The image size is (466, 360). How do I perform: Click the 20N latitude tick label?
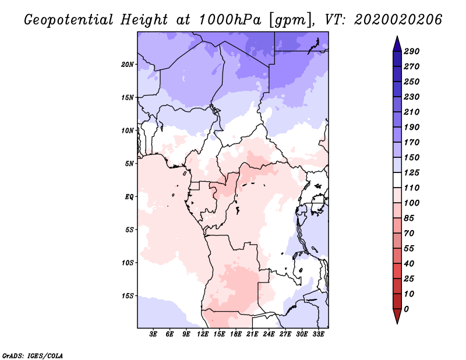click(128, 65)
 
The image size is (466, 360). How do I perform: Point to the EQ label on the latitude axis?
click(129, 197)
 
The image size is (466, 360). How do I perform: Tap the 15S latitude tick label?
click(128, 296)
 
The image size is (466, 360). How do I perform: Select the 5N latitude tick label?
click(129, 164)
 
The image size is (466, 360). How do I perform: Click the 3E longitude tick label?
click(153, 334)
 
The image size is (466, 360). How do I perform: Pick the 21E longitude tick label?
click(252, 334)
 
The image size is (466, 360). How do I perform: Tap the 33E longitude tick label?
click(318, 334)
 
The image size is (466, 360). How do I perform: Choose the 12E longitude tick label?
click(202, 334)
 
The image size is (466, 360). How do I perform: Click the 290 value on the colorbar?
click(412, 51)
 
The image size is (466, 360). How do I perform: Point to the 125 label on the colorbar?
click(412, 172)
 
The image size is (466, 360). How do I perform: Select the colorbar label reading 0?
click(407, 309)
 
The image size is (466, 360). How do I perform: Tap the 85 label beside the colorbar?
click(409, 218)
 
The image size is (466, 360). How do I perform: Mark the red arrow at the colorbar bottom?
click(397, 316)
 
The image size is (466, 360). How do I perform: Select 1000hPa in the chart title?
click(230, 20)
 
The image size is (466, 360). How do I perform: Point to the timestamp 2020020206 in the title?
click(398, 20)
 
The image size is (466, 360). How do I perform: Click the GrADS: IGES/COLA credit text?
click(33, 356)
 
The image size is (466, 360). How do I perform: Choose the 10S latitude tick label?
click(128, 263)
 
